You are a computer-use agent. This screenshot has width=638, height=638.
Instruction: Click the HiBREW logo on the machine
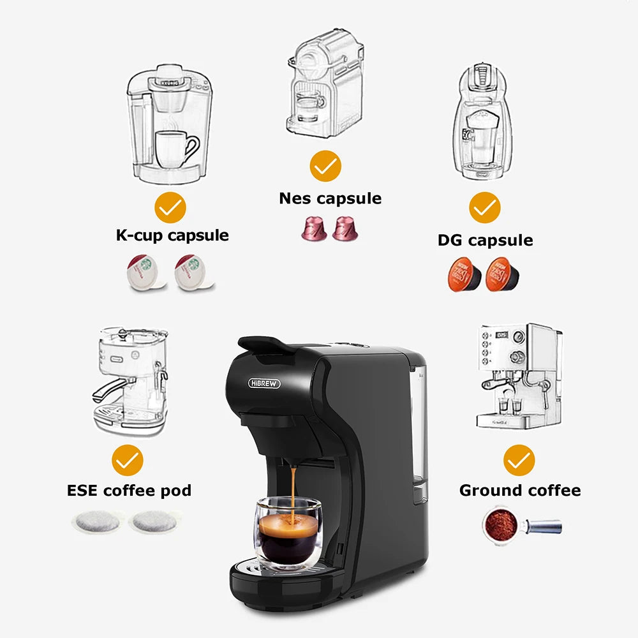pos(263,383)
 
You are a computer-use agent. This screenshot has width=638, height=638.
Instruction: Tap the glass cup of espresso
pos(288,535)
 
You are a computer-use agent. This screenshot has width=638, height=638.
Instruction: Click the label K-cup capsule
pos(172,235)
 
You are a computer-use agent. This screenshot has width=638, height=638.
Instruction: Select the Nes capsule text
pos(330,198)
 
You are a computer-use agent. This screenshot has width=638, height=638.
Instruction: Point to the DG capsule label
pos(485,240)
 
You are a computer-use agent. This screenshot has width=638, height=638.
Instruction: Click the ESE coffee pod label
pos(129,490)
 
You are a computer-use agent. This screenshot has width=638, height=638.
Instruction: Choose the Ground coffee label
pos(519,490)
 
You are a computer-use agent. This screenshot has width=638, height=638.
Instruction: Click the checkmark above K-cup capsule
pos(170,208)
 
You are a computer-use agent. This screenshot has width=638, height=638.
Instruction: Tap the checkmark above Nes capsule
pos(325,167)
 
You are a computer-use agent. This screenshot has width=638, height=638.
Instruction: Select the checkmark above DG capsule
pos(485,207)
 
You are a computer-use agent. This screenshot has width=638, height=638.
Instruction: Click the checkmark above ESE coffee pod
pos(128,460)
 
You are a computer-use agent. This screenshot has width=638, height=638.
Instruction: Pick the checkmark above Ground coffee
pos(519,460)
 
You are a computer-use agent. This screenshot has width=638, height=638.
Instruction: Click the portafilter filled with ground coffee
pos(504,524)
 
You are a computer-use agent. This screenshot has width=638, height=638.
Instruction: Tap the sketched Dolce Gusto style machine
pos(484,121)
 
